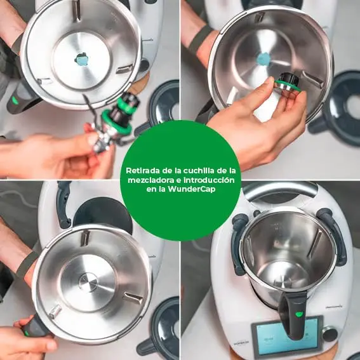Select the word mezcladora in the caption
tap(151, 180)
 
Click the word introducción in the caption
tap(208, 180)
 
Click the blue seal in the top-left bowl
tap(82, 60)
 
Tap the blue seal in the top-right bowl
tap(263, 59)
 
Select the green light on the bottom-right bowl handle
tap(298, 314)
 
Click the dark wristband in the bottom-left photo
tap(25, 265)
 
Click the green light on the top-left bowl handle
tap(15, 100)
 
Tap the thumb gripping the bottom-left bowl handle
tap(22, 323)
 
